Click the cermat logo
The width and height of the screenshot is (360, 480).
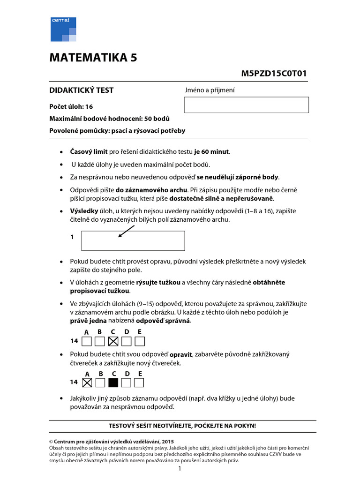click(63, 29)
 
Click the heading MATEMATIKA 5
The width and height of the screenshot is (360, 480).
click(94, 58)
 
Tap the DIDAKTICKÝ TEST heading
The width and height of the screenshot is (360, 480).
click(82, 90)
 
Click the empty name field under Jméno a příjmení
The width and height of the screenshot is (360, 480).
click(246, 105)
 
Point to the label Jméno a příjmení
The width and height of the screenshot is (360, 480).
click(210, 90)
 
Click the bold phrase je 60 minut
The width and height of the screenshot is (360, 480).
click(212, 151)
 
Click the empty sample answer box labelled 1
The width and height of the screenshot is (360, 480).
click(133, 241)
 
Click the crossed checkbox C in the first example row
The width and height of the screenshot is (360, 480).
click(113, 341)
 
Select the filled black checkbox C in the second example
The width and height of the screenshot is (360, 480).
click(113, 382)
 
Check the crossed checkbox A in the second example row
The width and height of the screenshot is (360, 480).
click(87, 382)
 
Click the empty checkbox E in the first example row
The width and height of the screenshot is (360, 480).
click(139, 341)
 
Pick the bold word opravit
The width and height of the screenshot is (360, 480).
click(179, 355)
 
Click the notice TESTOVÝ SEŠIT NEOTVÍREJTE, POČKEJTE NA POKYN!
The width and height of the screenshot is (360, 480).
click(182, 426)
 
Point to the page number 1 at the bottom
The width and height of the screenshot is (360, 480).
click(180, 469)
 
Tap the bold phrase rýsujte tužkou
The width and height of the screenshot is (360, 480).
click(158, 282)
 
